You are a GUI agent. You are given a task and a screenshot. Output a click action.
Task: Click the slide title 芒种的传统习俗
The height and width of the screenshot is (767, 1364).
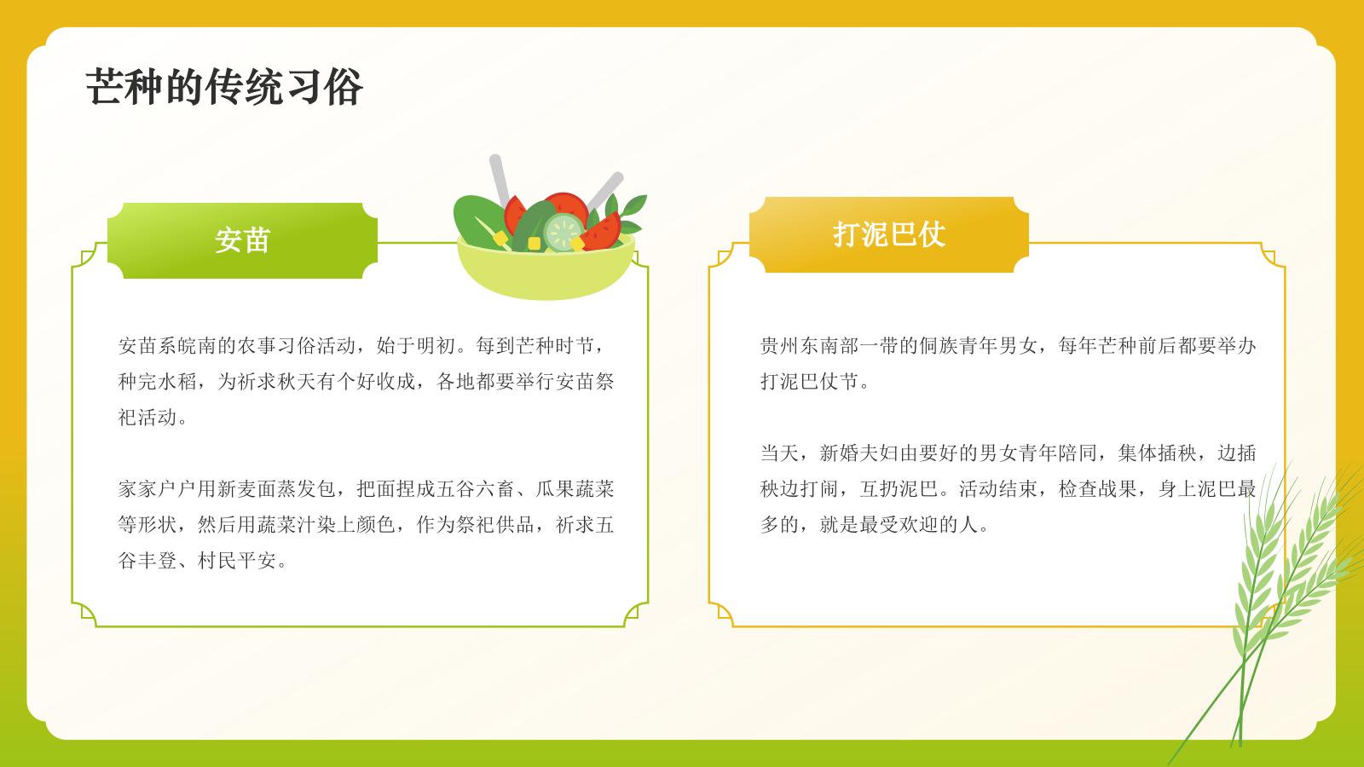(x=224, y=87)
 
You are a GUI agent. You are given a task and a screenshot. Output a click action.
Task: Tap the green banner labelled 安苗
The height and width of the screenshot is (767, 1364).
(x=243, y=240)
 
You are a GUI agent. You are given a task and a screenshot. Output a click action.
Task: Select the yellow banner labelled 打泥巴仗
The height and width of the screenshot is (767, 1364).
(x=889, y=234)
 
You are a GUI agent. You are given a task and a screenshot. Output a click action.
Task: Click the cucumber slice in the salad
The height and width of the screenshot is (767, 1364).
(x=564, y=232)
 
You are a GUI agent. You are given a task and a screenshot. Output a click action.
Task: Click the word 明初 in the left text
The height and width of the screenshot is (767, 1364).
(x=436, y=346)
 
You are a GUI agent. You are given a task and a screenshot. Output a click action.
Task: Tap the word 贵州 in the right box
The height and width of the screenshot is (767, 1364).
(x=780, y=346)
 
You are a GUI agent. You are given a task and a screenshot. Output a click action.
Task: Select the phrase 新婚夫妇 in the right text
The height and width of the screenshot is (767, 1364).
(x=858, y=453)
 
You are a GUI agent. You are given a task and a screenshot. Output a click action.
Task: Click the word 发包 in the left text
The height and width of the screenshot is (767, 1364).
(x=316, y=489)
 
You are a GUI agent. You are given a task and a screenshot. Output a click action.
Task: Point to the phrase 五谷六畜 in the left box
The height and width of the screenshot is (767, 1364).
(x=476, y=489)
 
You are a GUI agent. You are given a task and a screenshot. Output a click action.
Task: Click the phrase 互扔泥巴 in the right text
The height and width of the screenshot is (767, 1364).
(x=899, y=489)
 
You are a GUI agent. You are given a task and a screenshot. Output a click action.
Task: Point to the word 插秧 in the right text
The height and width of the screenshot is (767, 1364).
(x=1177, y=453)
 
